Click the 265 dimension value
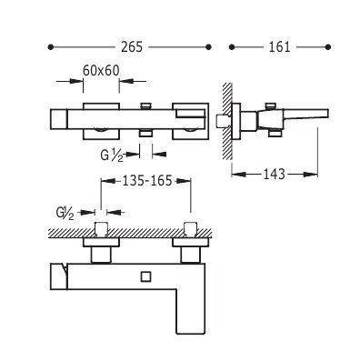132,47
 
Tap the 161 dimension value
279,47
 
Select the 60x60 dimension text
101,71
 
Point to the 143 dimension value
275,174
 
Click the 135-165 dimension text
147,181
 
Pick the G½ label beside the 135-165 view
65,213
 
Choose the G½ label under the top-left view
112,155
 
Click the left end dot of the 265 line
51,47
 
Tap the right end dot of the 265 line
208,47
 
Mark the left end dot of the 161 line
232,47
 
